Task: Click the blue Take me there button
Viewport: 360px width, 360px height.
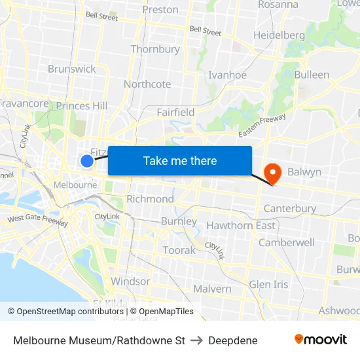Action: tap(180, 160)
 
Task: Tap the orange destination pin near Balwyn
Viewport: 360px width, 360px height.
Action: tap(271, 173)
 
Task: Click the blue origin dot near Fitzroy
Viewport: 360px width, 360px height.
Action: tap(87, 160)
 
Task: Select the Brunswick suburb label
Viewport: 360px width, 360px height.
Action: tap(71, 69)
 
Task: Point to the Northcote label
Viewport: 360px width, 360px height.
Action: tap(147, 84)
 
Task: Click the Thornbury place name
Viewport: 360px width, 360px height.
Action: tap(155, 49)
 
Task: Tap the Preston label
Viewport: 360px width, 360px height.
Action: tap(160, 9)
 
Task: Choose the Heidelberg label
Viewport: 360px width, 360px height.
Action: tap(279, 35)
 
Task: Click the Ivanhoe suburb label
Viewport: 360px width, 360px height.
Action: tap(227, 75)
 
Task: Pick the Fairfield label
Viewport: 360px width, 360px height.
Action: tap(175, 112)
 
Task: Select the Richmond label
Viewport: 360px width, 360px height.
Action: tap(150, 199)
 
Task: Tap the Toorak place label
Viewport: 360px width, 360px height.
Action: tap(179, 250)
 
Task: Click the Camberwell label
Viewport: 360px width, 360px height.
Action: tap(287, 242)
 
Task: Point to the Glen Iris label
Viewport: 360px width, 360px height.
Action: tap(268, 284)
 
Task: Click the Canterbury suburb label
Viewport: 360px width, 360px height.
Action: tap(289, 209)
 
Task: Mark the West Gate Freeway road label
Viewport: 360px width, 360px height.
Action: tap(37, 220)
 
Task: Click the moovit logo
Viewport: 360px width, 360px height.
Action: tap(321, 339)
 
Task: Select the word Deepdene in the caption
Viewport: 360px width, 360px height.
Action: tap(233, 340)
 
